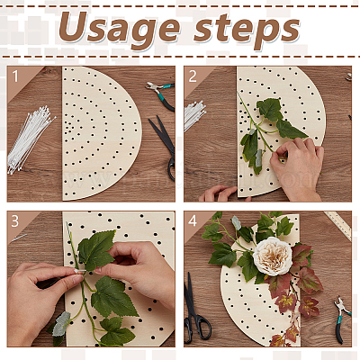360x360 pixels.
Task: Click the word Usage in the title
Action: click(120, 28)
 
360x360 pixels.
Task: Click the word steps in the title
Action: click(247, 30)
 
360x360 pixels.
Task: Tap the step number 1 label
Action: click(15, 76)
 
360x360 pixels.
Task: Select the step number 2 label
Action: click(193, 76)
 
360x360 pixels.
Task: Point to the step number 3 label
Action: click(15, 221)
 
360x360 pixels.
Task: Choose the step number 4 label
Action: click(193, 221)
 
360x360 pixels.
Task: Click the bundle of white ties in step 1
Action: click(30, 139)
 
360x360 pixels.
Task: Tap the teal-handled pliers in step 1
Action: click(161, 94)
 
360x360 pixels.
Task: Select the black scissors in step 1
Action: click(165, 147)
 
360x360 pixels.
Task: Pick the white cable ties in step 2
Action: click(194, 115)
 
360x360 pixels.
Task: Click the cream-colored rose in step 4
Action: click(273, 256)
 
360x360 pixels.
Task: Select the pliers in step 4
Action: click(341, 319)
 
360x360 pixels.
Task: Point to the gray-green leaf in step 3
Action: click(61, 324)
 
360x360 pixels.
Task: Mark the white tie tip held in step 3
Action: click(80, 271)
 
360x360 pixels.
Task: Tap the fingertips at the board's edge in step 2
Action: click(219, 193)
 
